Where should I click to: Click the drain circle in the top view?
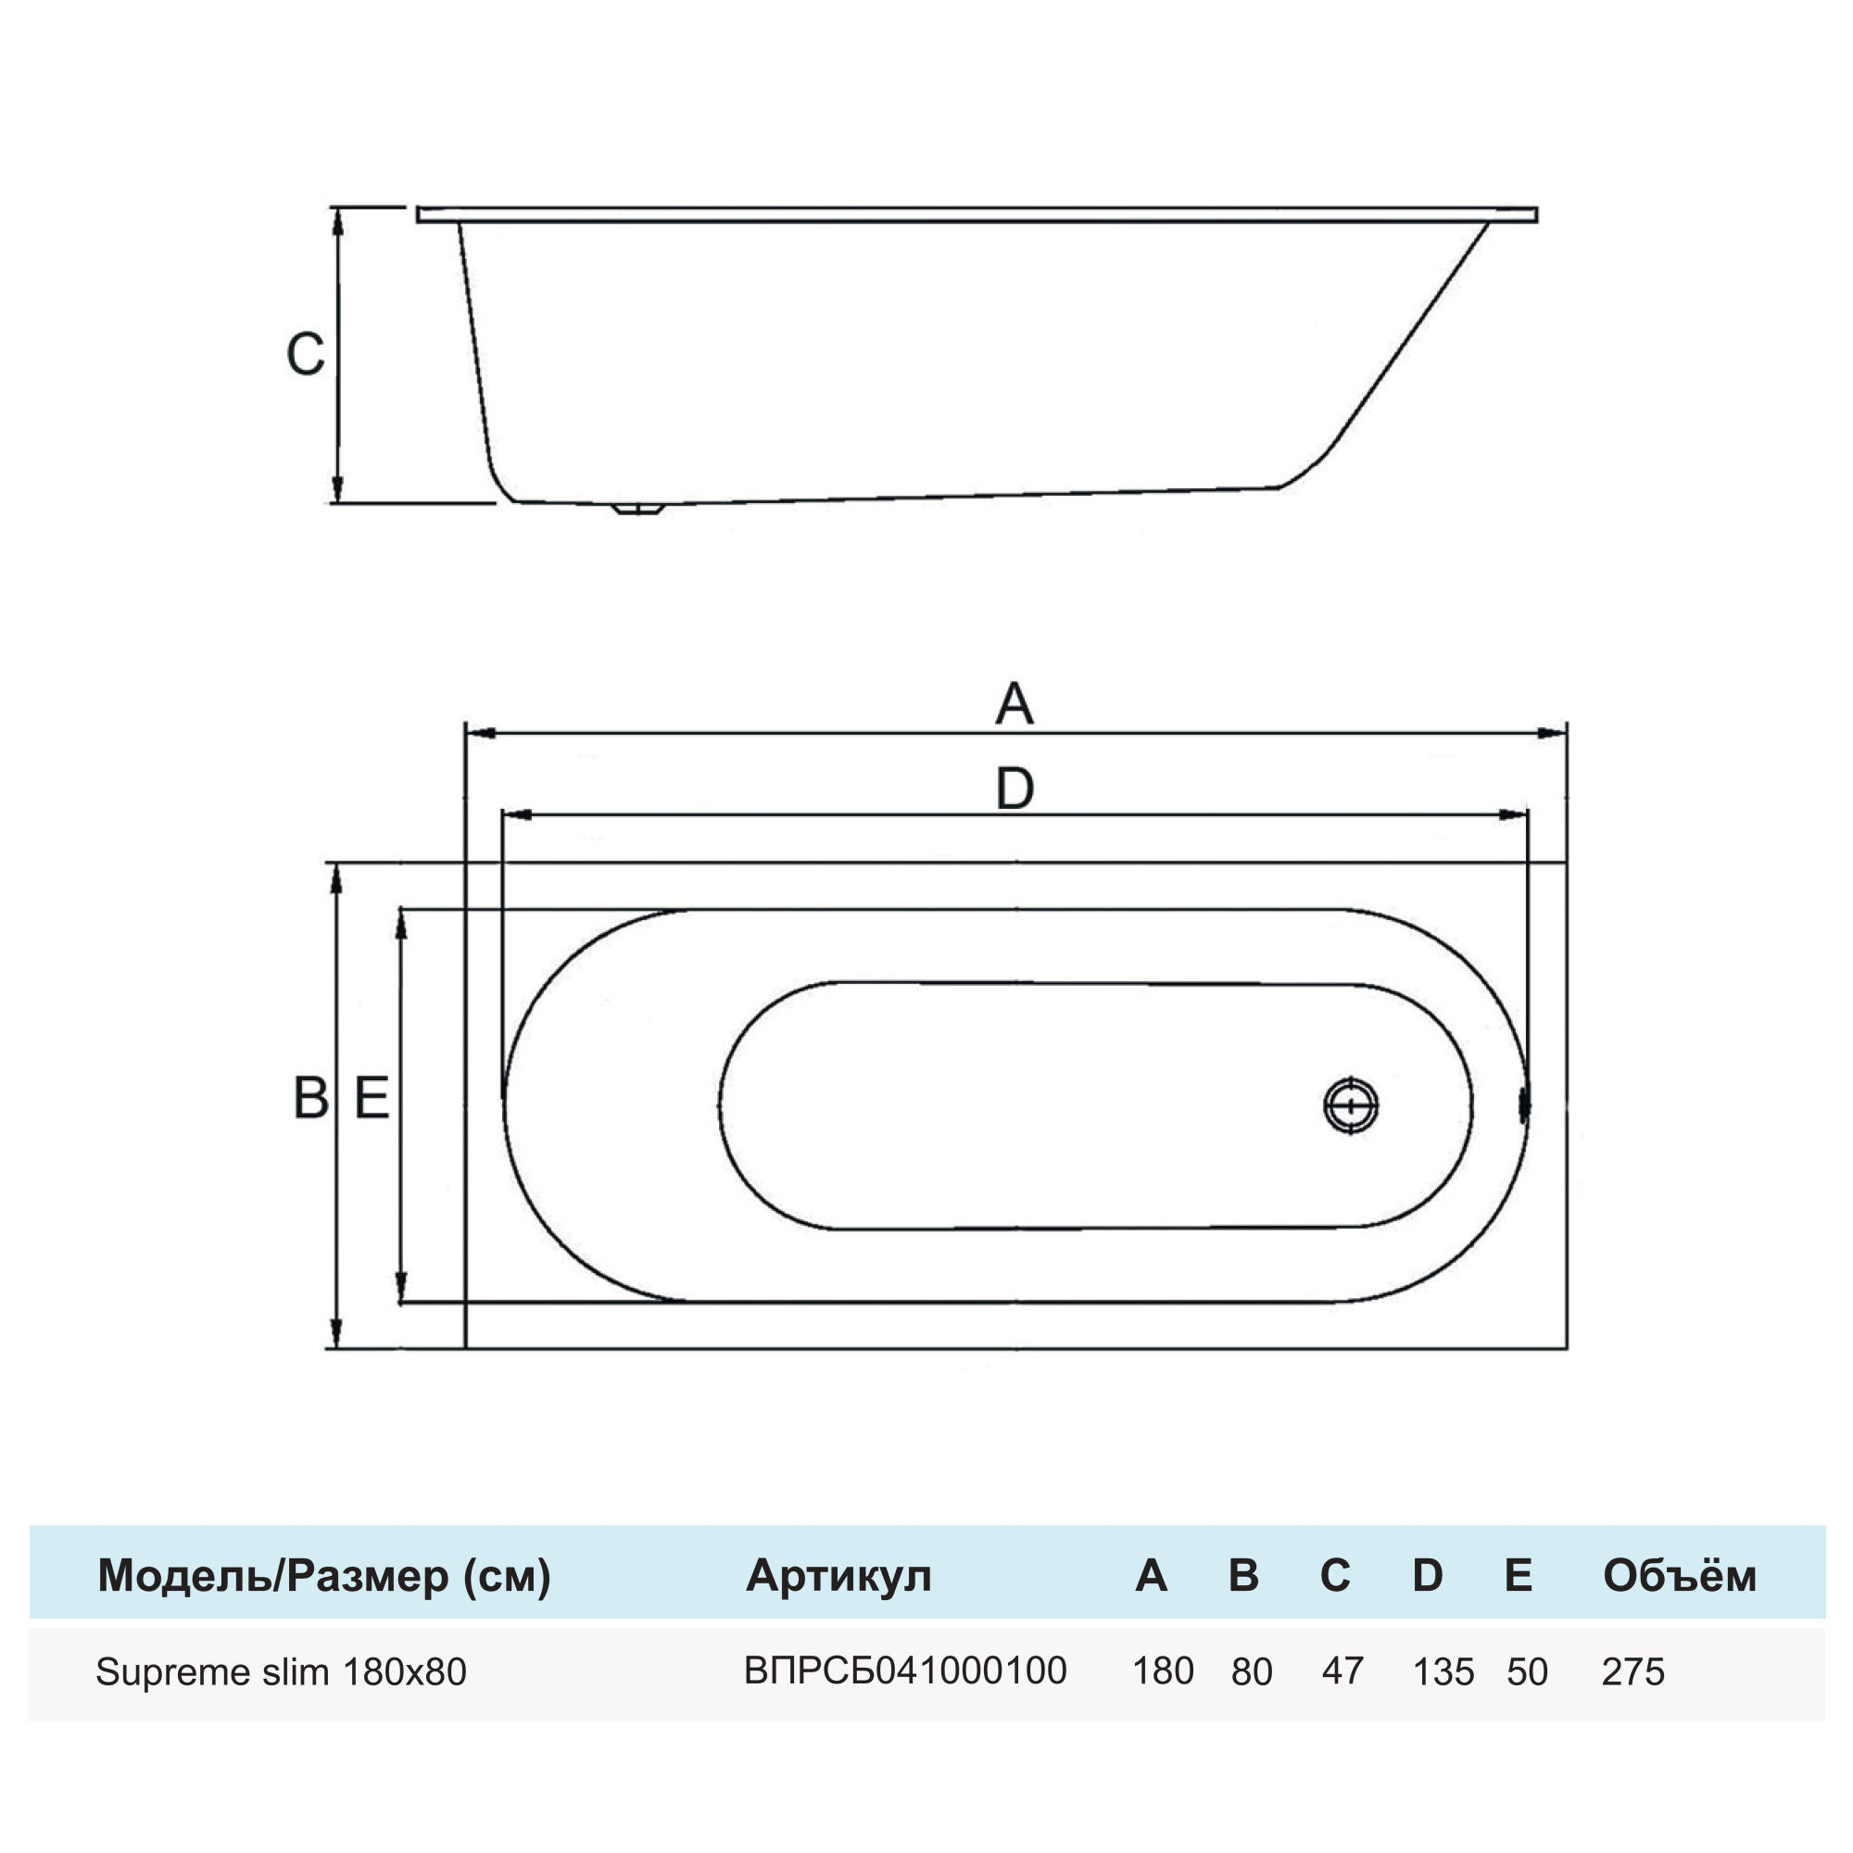pos(1351,1106)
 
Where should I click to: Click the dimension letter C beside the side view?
pos(305,354)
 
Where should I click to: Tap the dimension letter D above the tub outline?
pos(1015,788)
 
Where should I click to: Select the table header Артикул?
pos(838,1575)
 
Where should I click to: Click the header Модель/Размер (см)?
pos(324,1575)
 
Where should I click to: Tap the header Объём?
pos(1680,1575)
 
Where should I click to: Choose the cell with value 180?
pos(1163,1670)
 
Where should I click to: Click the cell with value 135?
pos(1443,1671)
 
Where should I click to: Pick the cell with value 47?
pos(1342,1670)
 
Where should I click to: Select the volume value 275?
pos(1632,1671)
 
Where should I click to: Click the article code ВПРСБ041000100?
pos(904,1670)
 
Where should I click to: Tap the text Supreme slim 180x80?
pos(281,1671)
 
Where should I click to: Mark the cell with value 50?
pos(1526,1671)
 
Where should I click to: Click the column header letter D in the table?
pos(1427,1575)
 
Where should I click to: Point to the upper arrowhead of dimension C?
pos(336,221)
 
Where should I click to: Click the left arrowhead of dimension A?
pos(482,734)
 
